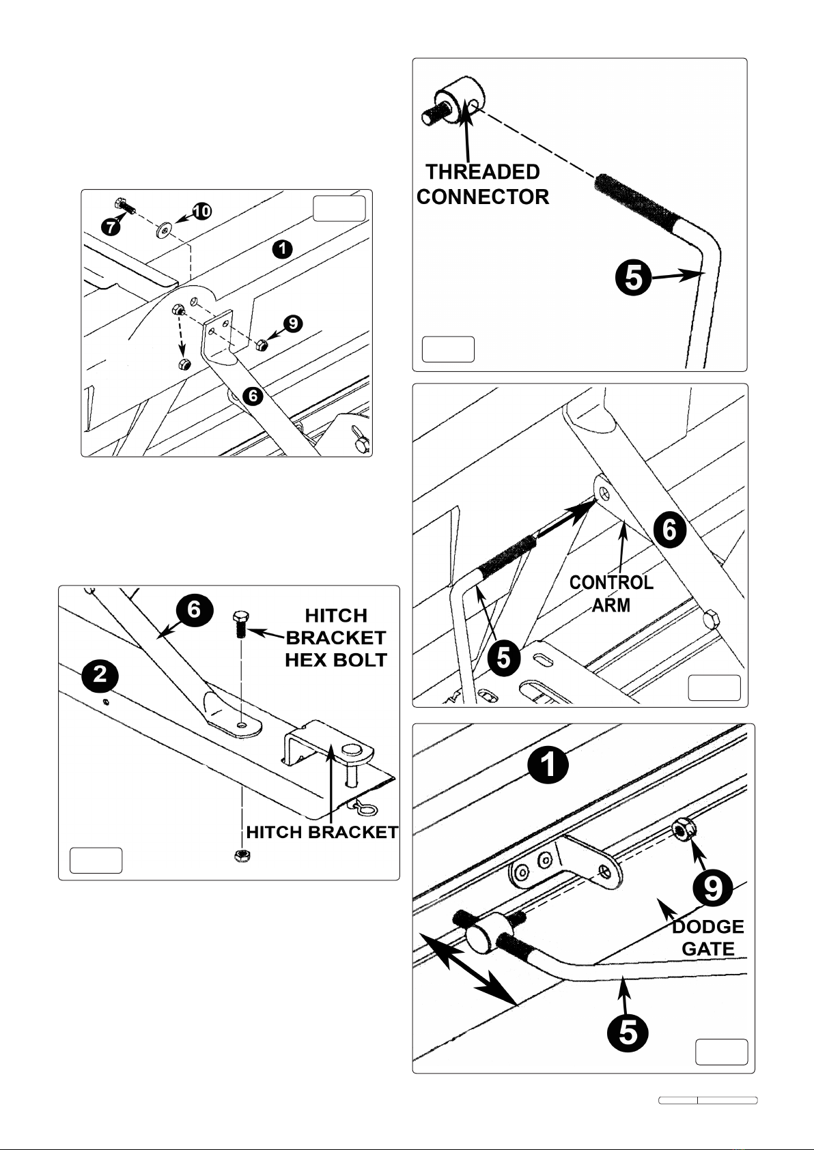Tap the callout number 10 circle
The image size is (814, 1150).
coord(201,212)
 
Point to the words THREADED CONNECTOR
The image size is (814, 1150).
coord(483,184)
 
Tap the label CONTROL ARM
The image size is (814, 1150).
coord(611,593)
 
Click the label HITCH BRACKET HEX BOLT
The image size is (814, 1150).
coord(336,637)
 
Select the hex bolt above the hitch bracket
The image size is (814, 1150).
coord(238,623)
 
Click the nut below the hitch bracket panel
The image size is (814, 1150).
coord(241,855)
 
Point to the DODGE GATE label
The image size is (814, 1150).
coord(708,937)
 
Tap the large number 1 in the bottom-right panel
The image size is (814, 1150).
coord(548,766)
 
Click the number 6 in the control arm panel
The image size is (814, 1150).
coord(671,530)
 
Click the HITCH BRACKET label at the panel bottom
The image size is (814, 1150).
coord(322,832)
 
